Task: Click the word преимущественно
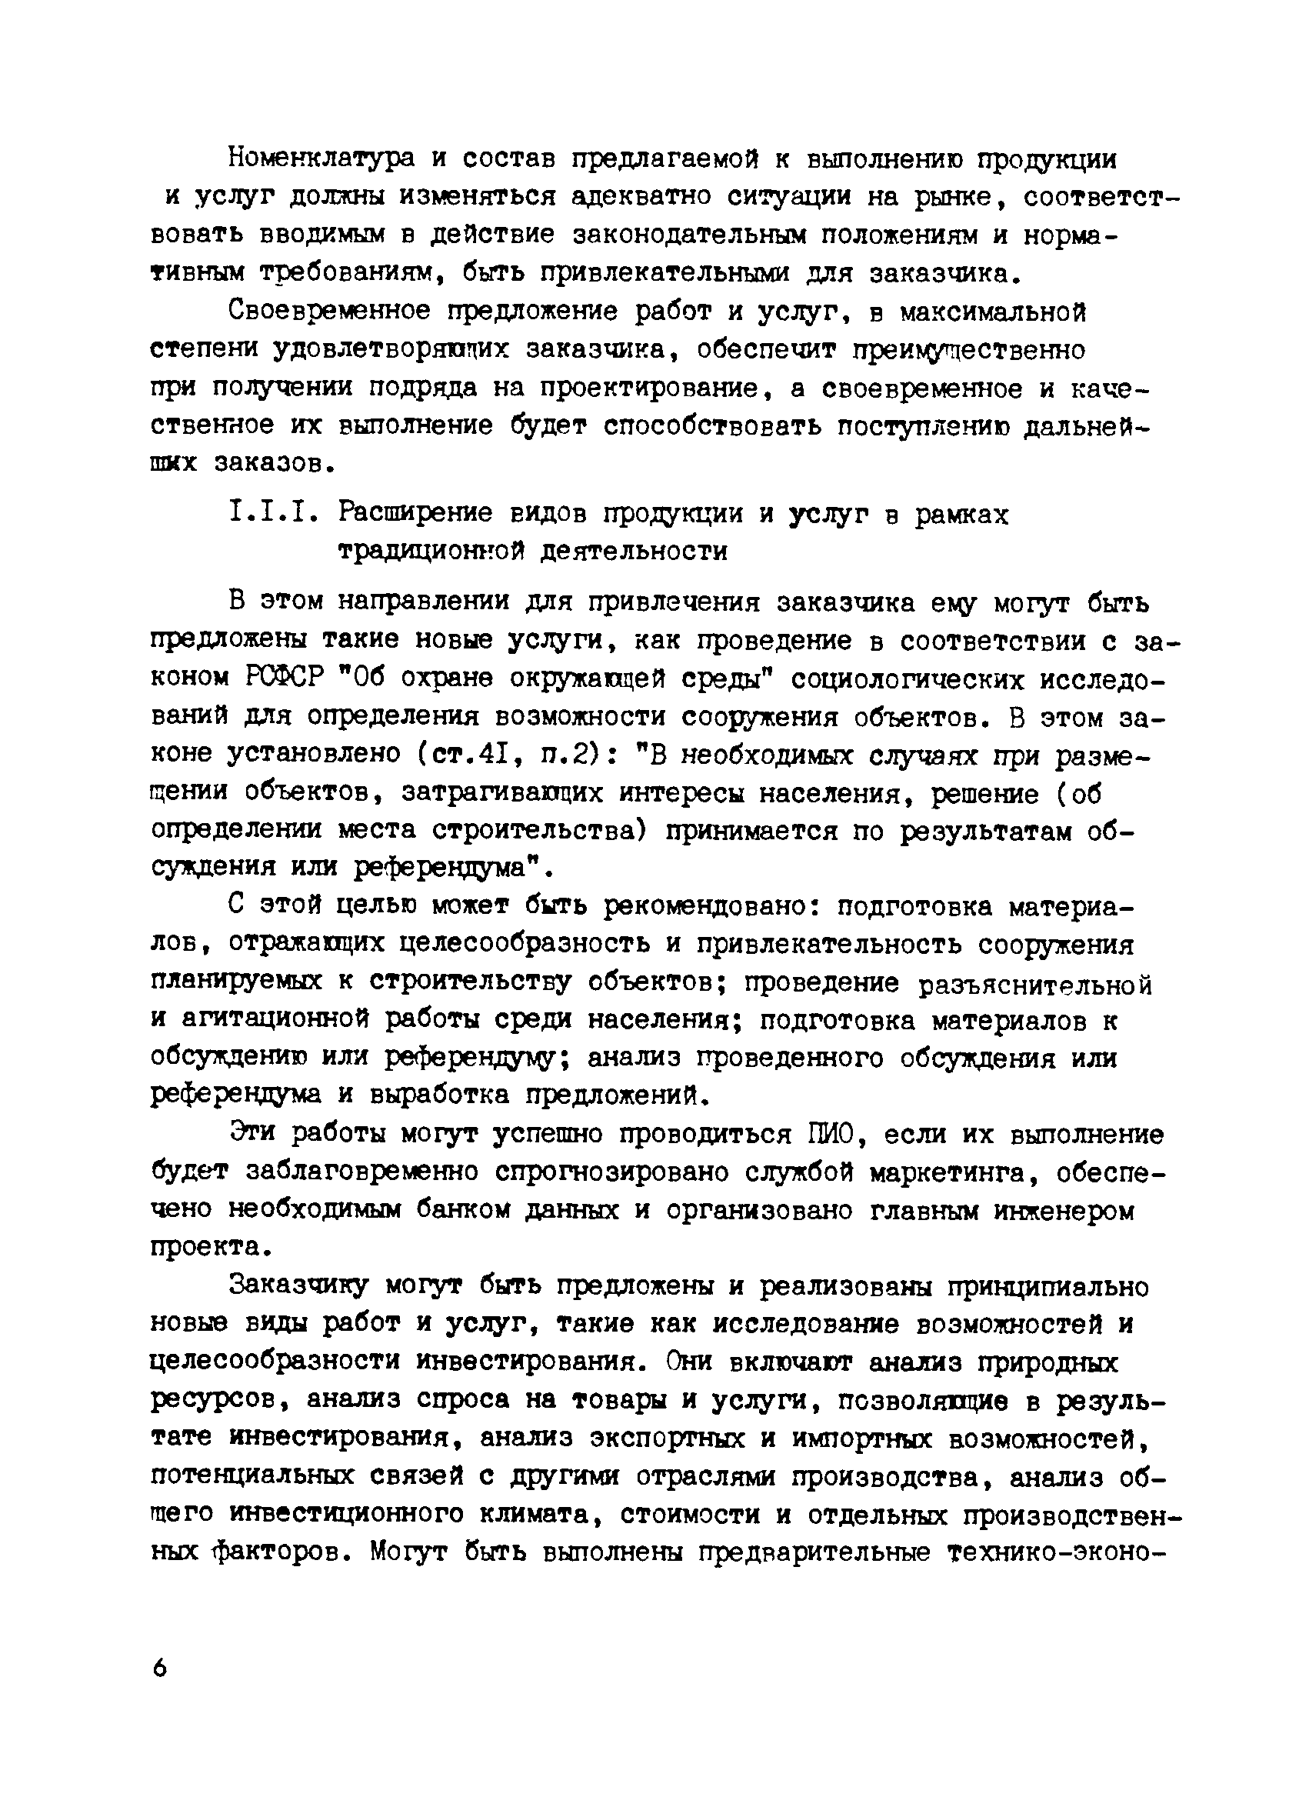[x=969, y=350]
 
